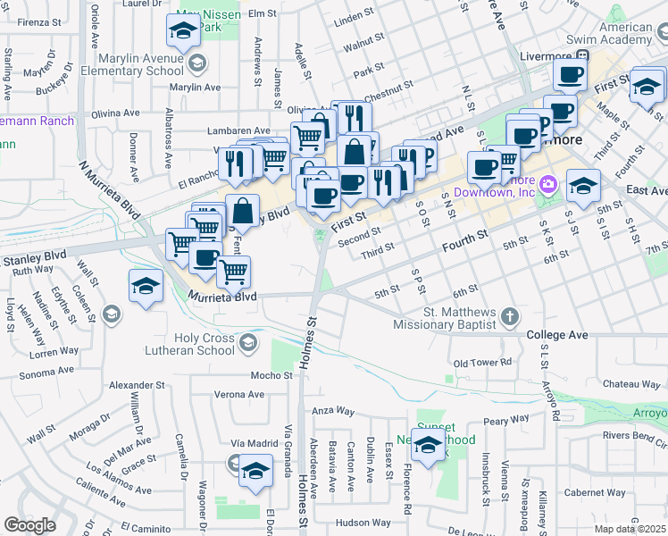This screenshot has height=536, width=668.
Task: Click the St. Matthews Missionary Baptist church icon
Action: (x=509, y=316)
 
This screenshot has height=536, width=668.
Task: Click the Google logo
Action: (x=29, y=526)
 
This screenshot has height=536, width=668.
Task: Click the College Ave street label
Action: (x=557, y=335)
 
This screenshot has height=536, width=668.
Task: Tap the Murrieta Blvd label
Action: (x=221, y=296)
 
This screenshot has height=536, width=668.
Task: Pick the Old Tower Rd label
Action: (x=482, y=364)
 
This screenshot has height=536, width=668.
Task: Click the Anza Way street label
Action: (x=333, y=411)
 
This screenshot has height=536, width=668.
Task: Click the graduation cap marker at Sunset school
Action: (x=428, y=444)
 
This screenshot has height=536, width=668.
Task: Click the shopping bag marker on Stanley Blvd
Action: (x=243, y=213)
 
